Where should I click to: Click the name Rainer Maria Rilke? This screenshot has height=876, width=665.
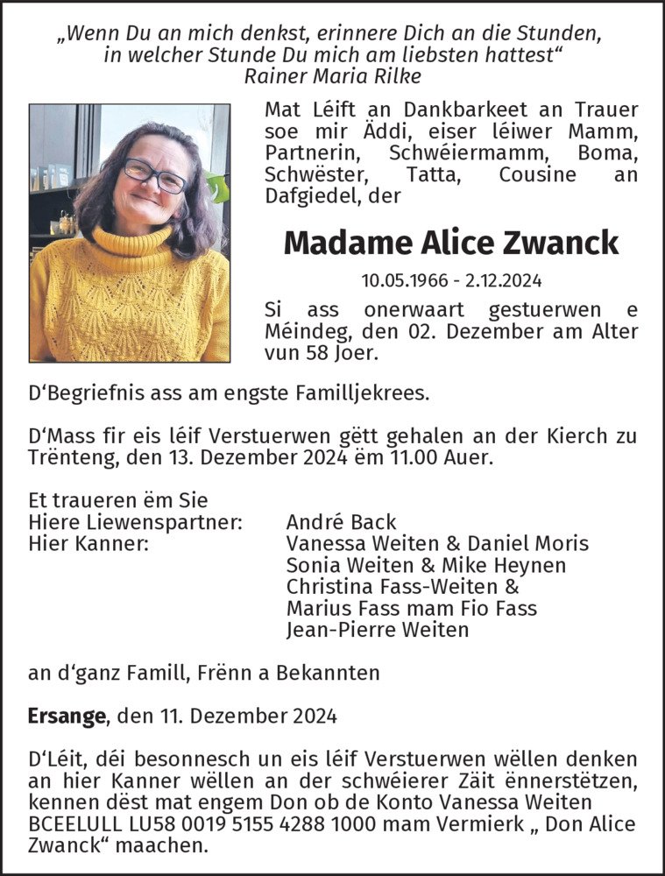(x=333, y=75)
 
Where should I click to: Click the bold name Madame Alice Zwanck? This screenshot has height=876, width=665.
(x=451, y=243)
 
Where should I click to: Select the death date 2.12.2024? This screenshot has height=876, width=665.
(x=504, y=281)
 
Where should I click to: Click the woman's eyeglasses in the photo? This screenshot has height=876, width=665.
(x=154, y=175)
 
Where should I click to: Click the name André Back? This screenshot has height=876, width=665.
(x=342, y=523)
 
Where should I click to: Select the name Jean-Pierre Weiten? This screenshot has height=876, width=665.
(x=378, y=629)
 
